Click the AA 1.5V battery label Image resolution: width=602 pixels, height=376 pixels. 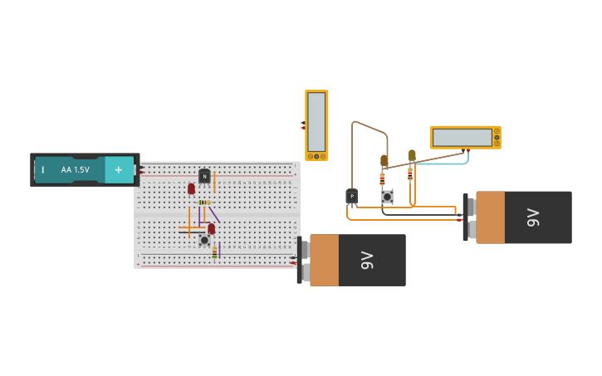tap(75, 170)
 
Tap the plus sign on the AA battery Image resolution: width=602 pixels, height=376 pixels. tap(118, 169)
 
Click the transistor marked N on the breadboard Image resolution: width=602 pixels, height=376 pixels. tap(204, 176)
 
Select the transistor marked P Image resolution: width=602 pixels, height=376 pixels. tap(352, 197)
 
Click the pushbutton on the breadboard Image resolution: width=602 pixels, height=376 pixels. tap(204, 240)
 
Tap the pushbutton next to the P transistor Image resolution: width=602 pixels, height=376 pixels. tap(387, 197)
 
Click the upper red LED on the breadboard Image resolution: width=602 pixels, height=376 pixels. tap(191, 188)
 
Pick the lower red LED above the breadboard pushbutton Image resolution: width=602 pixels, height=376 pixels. tap(211, 228)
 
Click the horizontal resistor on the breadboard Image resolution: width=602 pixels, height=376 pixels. tap(204, 203)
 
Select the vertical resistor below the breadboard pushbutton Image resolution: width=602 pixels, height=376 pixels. tap(214, 251)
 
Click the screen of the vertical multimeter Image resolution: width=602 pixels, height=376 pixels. tap(316, 121)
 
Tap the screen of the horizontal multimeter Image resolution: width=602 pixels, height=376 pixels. tap(463, 137)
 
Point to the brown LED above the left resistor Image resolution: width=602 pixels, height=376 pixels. tap(384, 160)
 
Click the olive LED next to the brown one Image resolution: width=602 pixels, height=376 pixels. tap(412, 155)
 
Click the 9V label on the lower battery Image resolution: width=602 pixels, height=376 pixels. tap(368, 260)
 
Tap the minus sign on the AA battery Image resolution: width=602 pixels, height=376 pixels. tap(43, 170)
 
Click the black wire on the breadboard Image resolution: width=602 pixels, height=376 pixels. tap(192, 232)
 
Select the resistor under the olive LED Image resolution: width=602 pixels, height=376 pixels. tap(410, 174)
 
